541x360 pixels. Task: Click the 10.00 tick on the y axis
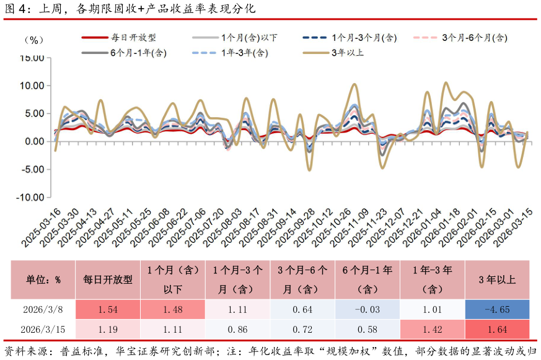click(x=32, y=86)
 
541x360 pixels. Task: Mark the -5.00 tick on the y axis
click(x=32, y=169)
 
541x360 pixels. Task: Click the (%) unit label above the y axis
click(x=33, y=40)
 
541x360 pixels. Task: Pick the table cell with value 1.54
click(x=108, y=310)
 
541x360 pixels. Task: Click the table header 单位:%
click(x=43, y=279)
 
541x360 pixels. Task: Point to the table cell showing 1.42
click(x=432, y=330)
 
